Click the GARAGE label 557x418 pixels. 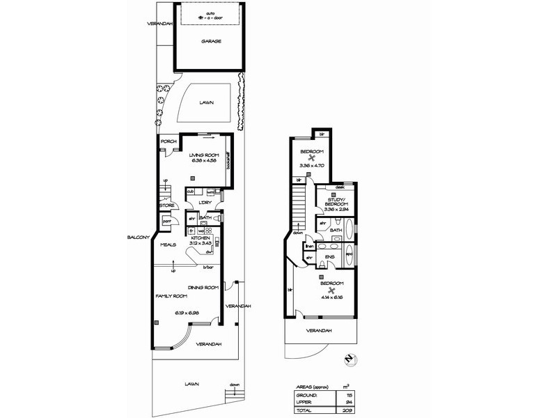(212, 41)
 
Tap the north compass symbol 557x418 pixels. (350, 360)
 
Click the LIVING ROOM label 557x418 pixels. (205, 155)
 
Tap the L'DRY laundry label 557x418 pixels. (205, 203)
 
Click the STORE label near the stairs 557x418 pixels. (166, 206)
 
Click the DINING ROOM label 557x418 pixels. (203, 288)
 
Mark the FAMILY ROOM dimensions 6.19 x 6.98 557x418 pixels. (187, 313)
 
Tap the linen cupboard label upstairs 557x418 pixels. (308, 247)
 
